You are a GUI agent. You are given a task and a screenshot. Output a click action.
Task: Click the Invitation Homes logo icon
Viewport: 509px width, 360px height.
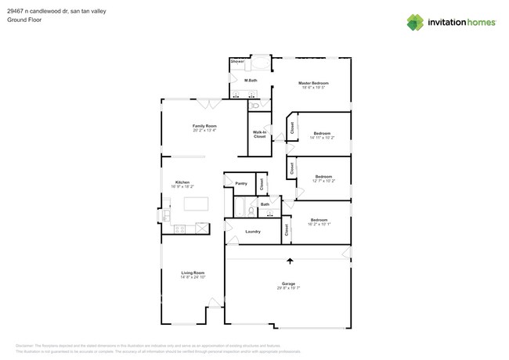tap(415, 22)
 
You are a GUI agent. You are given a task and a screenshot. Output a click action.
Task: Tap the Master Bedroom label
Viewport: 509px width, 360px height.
tap(313, 83)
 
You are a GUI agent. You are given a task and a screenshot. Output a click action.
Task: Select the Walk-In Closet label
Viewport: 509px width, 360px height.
tap(259, 135)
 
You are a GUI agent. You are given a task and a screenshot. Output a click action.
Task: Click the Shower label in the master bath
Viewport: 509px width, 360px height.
tap(237, 60)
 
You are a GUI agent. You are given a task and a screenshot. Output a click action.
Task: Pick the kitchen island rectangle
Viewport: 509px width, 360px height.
tap(196, 204)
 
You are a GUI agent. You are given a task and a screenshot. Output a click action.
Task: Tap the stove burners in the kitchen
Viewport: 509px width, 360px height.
tap(179, 229)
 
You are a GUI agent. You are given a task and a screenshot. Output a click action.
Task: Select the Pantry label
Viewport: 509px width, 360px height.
tap(241, 183)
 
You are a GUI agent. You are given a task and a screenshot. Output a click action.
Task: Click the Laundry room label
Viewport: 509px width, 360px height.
tap(253, 232)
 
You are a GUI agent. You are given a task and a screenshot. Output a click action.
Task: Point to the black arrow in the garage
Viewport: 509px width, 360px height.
tap(290, 261)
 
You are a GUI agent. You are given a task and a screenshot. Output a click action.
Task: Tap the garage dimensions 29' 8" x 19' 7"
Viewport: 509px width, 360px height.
tap(288, 288)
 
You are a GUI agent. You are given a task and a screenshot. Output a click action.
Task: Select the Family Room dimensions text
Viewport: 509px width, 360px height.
tap(204, 130)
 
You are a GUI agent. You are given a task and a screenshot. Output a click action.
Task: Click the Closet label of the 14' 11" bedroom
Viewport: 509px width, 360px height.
tap(292, 128)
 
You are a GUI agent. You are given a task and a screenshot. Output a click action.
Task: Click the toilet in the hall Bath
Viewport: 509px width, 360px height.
tap(251, 211)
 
